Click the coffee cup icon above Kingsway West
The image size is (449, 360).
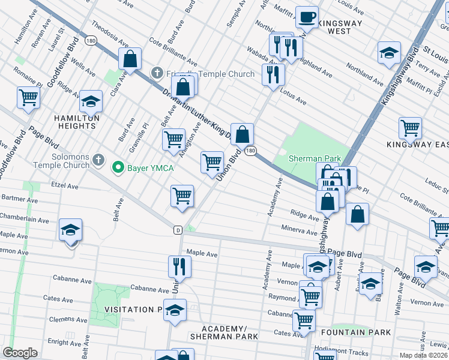coord(307,18)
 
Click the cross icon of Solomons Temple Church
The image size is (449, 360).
coord(99,161)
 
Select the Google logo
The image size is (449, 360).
coord(20,353)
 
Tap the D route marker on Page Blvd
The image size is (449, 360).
coord(178,230)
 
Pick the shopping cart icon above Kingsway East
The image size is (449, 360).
coord(410,127)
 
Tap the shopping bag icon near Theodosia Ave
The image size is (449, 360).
coord(129,58)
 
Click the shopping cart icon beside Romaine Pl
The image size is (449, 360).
coord(28,96)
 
